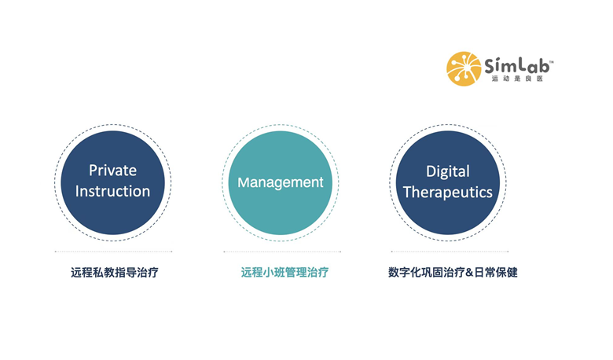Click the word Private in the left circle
pos(112,171)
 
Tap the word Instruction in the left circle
pos(112,191)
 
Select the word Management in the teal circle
pos(281,182)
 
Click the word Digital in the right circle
pos(448,171)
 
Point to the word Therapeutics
pos(448,193)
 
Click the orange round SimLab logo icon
pos(464,69)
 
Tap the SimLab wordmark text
pos(517,65)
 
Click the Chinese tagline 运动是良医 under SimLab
pos(517,79)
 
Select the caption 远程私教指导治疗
pos(115,273)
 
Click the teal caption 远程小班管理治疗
pos(284,273)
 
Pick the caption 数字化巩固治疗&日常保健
pos(453,273)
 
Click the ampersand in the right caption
pos(469,273)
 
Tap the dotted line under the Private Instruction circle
pos(113,252)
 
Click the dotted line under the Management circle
pos(282,252)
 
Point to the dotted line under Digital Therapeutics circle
pos(450,252)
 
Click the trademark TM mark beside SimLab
pos(552,62)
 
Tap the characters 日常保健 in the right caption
pos(496,273)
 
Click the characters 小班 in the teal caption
pos(273,273)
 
